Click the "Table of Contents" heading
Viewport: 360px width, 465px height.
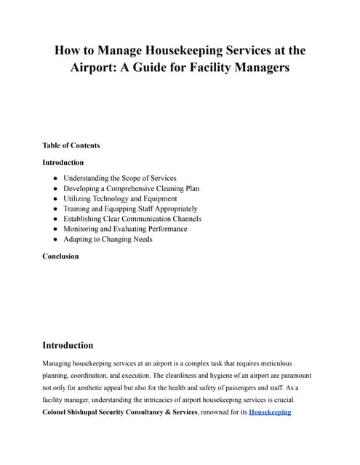point(71,145)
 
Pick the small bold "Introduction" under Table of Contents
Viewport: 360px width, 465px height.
point(63,162)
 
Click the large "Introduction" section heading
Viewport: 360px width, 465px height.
point(68,345)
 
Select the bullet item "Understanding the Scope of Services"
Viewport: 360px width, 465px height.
point(119,178)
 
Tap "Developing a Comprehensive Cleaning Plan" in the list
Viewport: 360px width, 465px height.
point(131,188)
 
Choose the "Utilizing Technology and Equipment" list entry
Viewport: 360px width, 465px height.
point(120,198)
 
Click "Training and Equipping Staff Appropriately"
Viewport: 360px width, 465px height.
point(130,209)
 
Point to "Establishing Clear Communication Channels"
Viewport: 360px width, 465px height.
point(132,219)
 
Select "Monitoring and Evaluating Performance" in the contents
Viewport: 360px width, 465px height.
point(125,229)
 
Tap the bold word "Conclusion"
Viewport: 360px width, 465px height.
point(60,256)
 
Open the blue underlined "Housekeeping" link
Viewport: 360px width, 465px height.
point(270,412)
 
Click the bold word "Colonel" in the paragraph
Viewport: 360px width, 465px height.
point(59,412)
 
